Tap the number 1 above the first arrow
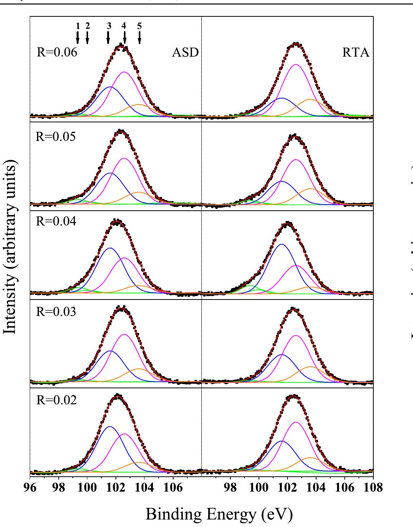78,26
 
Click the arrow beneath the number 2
87,38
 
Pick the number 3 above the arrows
109,26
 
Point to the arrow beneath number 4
125,38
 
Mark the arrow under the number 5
139,38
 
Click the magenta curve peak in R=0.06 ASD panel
124,72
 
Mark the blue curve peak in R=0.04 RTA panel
282,244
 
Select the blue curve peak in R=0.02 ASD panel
110,427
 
